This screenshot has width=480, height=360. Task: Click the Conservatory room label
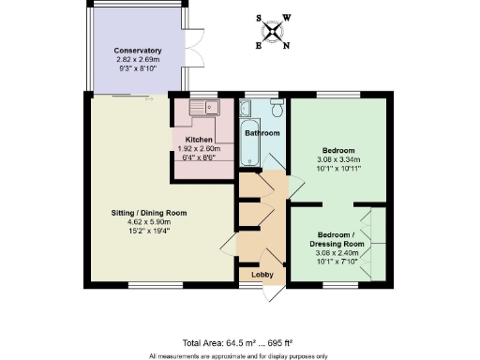pos(138,50)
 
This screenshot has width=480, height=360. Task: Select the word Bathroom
pos(262,133)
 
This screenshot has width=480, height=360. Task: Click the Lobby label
pos(262,274)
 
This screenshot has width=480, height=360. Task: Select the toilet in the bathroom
pos(274,106)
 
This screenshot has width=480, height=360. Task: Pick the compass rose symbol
pos(273,29)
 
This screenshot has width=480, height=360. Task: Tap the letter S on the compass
pos(260,16)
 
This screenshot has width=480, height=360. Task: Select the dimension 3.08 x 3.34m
pos(337,159)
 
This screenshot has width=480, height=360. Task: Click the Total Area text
pos(208,343)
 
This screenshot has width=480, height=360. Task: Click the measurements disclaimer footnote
pos(238,355)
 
